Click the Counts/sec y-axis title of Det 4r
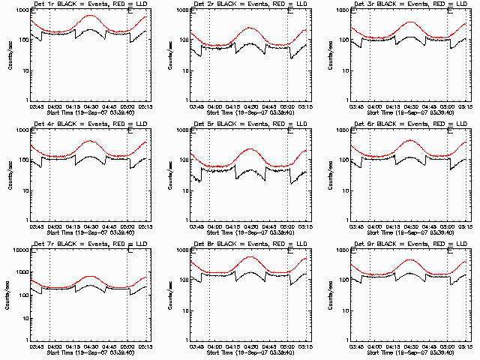click(10, 174)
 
